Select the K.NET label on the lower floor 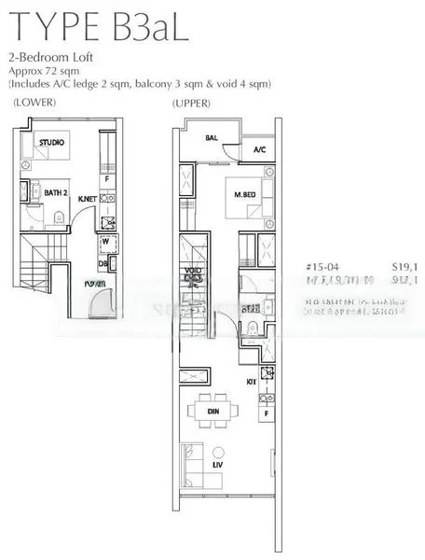point(89,200)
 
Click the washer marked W point(104,242)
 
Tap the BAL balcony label point(212,137)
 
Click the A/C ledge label point(259,149)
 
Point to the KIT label point(252,383)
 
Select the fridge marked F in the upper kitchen point(267,411)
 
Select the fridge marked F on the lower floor point(107,177)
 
